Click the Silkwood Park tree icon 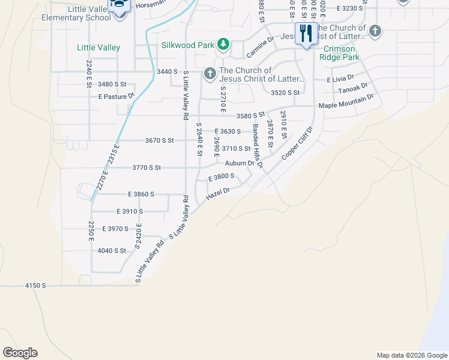[223, 44]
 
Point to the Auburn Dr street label [240, 163]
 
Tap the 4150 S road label [35, 286]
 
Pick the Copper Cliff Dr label [298, 143]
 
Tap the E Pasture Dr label [116, 97]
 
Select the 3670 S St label [159, 140]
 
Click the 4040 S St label [112, 251]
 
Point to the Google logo [20, 353]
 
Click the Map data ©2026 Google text [411, 355]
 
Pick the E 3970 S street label [115, 229]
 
